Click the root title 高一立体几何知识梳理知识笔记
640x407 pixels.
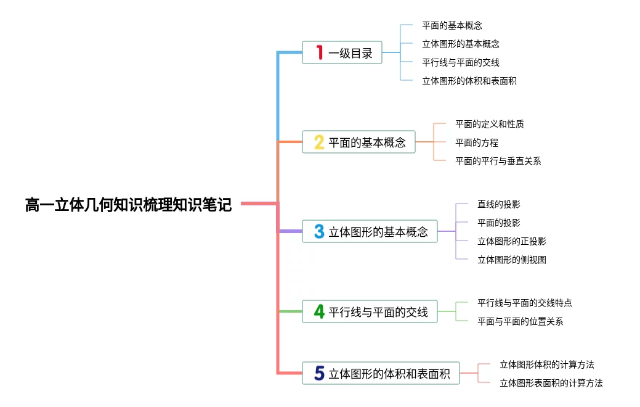click(128, 205)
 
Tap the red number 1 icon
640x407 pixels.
click(319, 52)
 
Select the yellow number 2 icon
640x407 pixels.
click(319, 142)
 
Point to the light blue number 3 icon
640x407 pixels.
click(319, 231)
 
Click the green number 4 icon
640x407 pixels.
click(319, 311)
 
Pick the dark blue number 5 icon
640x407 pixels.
click(319, 373)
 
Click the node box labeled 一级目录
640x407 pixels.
click(342, 52)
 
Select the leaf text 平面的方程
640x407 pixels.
click(476, 142)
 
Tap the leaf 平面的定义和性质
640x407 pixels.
click(489, 124)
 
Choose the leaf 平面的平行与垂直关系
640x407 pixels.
click(498, 161)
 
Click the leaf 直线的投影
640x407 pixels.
click(498, 204)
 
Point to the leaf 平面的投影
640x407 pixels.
click(498, 223)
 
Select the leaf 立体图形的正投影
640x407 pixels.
click(511, 241)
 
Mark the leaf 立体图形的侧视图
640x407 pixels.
click(511, 260)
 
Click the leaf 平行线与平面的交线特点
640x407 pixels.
click(524, 303)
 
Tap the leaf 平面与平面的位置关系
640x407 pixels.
click(520, 321)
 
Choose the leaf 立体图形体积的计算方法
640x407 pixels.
click(546, 364)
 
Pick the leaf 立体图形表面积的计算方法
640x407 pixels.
click(551, 383)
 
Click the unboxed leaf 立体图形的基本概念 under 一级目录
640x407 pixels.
click(460, 44)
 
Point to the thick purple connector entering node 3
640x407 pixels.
click(291, 231)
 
